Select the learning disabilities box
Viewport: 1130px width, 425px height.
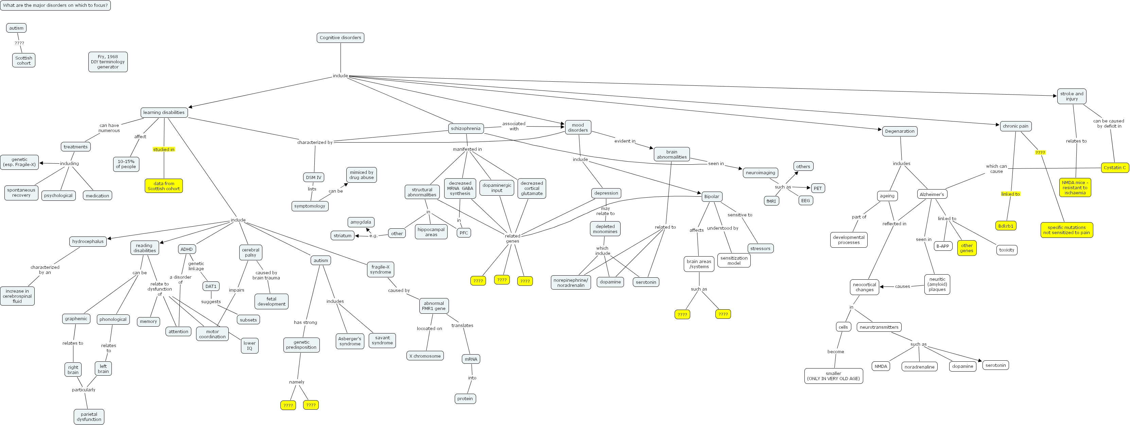(x=163, y=112)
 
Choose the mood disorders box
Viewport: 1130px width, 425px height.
(x=578, y=127)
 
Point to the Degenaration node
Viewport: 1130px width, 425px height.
(x=899, y=131)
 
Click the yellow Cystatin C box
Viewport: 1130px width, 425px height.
(x=1114, y=168)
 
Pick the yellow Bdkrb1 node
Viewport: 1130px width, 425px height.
(x=1005, y=226)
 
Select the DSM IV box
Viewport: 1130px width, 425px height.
(x=313, y=177)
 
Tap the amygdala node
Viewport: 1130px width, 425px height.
(x=361, y=222)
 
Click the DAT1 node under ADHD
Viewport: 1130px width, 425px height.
(x=211, y=286)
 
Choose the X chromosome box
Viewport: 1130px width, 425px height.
(x=424, y=356)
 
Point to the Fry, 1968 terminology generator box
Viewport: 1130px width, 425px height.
(x=108, y=62)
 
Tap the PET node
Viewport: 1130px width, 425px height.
(x=817, y=189)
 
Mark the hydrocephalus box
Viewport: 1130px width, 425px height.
(x=88, y=242)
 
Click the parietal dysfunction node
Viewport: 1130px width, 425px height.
(x=89, y=416)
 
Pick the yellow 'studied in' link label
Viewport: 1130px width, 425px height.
(x=163, y=150)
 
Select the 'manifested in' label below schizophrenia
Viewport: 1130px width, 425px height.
(x=467, y=149)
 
